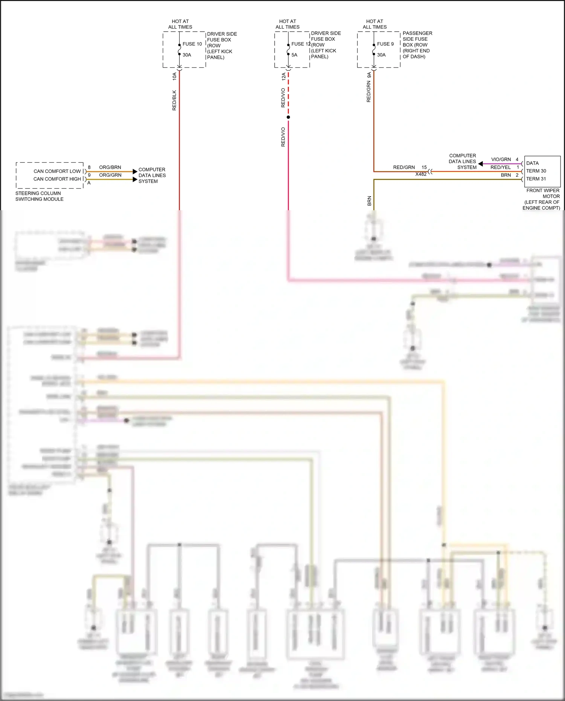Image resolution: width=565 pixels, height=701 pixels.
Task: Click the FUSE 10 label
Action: (192, 44)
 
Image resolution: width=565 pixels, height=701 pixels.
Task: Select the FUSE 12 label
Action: (301, 44)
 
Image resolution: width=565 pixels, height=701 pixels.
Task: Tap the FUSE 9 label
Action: (385, 44)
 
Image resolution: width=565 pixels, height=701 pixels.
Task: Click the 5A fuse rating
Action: (294, 55)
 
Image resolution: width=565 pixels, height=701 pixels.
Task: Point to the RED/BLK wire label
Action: (174, 100)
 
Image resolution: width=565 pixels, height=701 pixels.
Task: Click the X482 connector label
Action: (421, 174)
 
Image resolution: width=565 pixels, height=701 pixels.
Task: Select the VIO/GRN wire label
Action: (501, 160)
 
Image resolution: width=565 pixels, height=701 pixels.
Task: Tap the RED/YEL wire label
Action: (500, 168)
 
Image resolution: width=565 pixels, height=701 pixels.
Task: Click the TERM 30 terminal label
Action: (536, 171)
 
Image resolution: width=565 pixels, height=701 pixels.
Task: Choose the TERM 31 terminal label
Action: (536, 179)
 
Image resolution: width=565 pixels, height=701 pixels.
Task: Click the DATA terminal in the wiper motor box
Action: (532, 163)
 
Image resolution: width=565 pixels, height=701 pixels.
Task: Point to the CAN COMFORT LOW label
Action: (57, 171)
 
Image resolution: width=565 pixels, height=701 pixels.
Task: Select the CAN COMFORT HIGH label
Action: (57, 179)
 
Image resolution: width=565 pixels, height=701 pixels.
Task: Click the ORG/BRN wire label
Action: (110, 167)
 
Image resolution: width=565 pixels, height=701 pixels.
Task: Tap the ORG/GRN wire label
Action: (110, 175)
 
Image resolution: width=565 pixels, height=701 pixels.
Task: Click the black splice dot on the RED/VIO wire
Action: (288, 117)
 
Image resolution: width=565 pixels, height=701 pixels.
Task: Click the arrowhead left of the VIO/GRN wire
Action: (481, 164)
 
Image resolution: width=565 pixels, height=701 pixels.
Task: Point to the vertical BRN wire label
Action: (369, 201)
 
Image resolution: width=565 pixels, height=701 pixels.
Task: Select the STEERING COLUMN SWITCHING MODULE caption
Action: (39, 196)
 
